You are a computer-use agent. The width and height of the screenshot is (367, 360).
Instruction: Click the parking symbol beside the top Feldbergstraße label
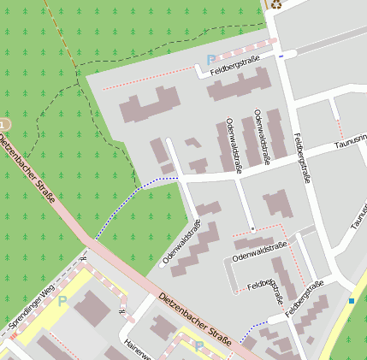pos(211,60)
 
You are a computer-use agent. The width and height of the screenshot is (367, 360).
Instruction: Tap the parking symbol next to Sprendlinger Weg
pos(62,301)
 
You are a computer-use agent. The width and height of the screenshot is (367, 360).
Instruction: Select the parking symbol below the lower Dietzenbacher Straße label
pos(199,346)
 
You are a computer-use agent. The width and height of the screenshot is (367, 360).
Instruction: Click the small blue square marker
pos(351,300)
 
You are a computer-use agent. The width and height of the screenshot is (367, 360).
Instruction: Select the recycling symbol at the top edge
pos(276,4)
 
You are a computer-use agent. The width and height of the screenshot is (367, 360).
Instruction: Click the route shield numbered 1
pos(3,125)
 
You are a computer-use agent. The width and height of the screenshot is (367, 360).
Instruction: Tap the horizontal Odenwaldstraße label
pos(259,249)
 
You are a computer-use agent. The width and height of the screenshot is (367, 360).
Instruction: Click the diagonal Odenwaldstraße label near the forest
pos(181,243)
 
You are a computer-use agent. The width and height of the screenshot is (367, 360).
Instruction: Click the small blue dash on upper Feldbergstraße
pos(281,56)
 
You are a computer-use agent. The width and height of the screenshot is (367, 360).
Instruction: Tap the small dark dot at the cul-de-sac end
pos(253,229)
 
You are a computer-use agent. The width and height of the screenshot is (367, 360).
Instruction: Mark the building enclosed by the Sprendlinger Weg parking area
pos(92,307)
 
